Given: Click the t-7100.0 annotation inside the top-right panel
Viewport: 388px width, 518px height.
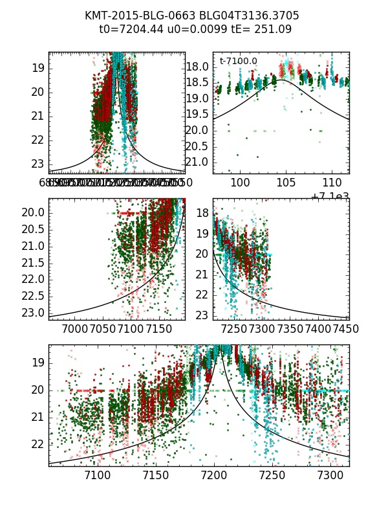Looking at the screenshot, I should tap(238, 62).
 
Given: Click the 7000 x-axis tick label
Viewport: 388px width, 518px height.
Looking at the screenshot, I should tap(75, 329).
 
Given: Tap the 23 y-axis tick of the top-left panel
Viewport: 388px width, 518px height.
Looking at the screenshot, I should tap(37, 164).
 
